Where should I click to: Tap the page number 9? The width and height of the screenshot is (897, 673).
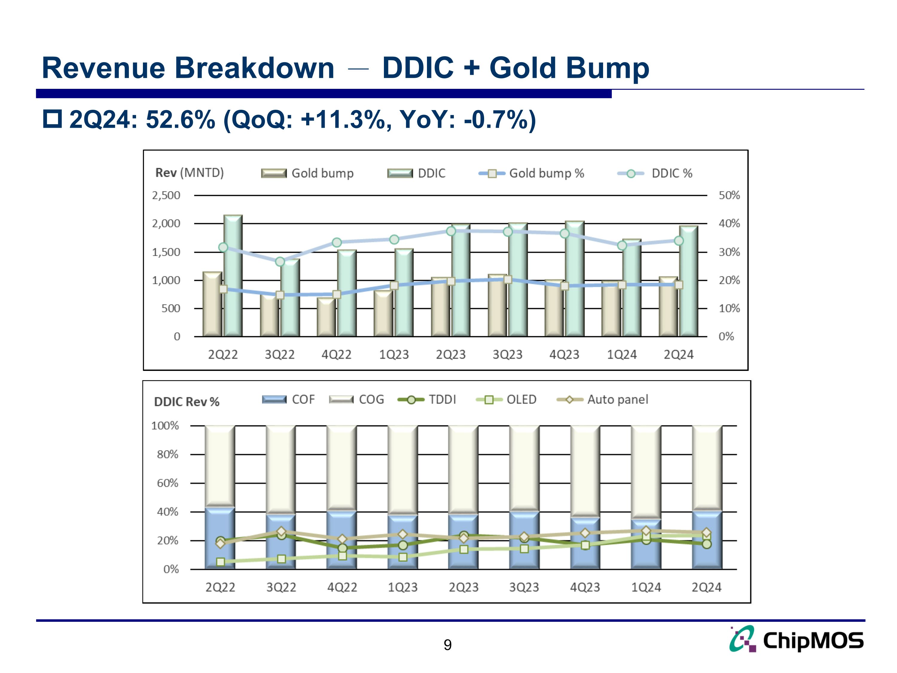click(x=447, y=645)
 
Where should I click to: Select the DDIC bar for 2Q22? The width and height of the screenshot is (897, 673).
click(x=233, y=276)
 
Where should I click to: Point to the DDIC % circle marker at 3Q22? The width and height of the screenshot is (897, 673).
click(x=280, y=262)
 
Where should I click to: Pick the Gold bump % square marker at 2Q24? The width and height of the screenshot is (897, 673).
click(x=678, y=285)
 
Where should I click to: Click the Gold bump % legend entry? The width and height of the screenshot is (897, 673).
click(x=532, y=173)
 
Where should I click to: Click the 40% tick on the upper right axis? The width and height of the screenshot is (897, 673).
click(x=729, y=223)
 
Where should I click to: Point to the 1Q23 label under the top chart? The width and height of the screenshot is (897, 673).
click(x=394, y=354)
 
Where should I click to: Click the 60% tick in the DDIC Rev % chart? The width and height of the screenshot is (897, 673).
click(x=167, y=483)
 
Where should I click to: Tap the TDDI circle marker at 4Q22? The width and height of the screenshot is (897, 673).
click(x=342, y=548)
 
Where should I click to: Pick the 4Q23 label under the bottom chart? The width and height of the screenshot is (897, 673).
click(x=585, y=587)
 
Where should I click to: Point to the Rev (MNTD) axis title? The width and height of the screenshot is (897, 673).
click(x=189, y=173)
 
